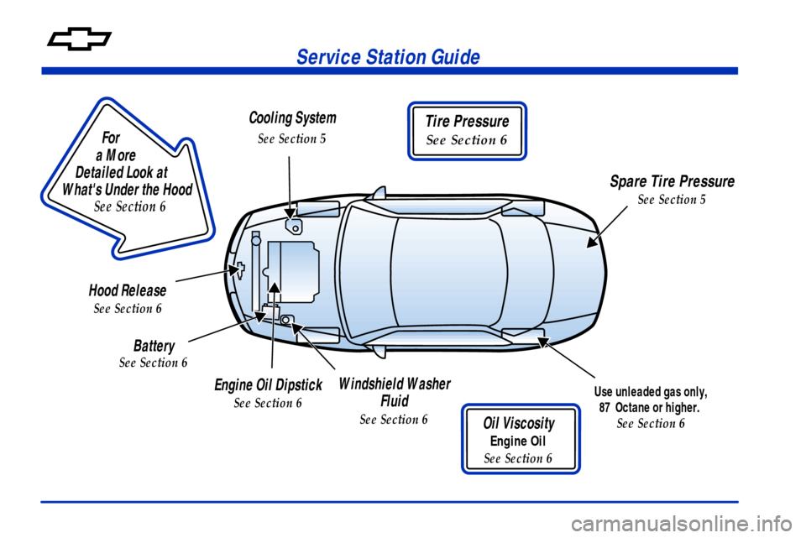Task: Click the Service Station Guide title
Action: click(390, 57)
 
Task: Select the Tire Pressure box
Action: click(467, 130)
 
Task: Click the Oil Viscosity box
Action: click(519, 439)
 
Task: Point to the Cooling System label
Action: click(292, 118)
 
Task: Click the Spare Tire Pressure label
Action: click(671, 182)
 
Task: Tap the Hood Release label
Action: click(127, 290)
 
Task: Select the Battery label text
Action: click(154, 346)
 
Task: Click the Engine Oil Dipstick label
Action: click(268, 385)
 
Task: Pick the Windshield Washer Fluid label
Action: click(394, 392)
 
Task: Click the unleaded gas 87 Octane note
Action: click(651, 400)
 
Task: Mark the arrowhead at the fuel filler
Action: click(542, 341)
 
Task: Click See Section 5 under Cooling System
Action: click(292, 138)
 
